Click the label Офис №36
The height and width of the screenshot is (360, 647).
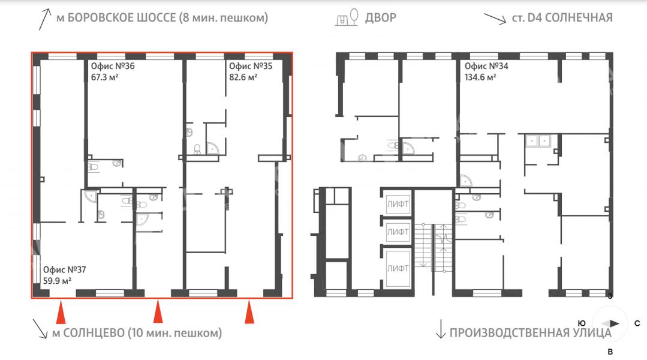pos(113,66)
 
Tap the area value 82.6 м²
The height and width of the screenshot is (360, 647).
pos(243,77)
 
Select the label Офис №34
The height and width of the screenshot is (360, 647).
pos(486,66)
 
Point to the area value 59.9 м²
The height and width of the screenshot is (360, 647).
pos(58,281)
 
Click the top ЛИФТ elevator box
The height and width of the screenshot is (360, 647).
pos(398,204)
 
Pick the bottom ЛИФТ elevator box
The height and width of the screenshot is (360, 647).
pos(398,268)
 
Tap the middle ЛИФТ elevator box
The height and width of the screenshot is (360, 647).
pos(398,232)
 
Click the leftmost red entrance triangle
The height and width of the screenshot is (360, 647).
pos(61,313)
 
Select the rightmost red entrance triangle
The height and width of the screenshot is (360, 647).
pos(249,313)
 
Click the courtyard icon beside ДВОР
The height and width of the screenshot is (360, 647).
pos(347,17)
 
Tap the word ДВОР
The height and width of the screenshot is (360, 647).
pos(380,18)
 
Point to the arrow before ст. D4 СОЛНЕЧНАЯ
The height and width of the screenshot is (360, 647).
pos(495,19)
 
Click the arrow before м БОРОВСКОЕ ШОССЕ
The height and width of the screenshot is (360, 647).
pos(44,19)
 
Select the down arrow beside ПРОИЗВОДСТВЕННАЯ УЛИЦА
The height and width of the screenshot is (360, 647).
pos(441,329)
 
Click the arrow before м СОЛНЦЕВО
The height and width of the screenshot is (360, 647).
pos(40,329)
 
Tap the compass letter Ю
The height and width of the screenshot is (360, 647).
pos(582,323)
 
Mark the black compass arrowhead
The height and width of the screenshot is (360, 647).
pos(614,323)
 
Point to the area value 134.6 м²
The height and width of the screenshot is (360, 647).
pos(480,77)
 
